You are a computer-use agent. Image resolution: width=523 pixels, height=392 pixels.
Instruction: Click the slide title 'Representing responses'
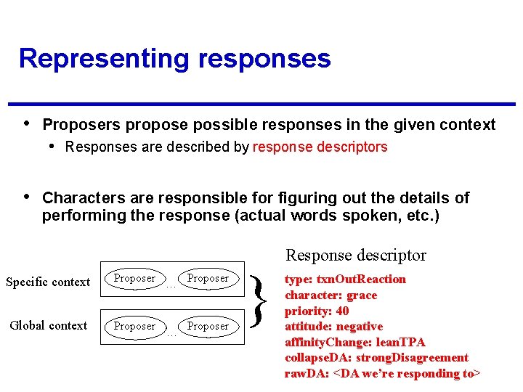click(174, 58)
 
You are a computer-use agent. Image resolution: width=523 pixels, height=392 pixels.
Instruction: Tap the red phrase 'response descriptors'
click(320, 147)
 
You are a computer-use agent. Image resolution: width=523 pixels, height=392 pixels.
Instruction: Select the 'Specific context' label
click(48, 282)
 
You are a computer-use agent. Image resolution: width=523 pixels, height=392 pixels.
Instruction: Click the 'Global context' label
click(48, 325)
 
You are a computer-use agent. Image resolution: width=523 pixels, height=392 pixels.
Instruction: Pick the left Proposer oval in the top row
click(134, 278)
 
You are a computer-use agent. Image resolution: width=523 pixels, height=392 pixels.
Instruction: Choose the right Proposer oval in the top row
click(208, 278)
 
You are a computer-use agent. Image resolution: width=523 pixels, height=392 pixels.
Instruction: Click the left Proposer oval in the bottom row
click(134, 326)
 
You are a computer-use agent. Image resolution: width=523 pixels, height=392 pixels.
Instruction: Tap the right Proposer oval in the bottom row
click(208, 326)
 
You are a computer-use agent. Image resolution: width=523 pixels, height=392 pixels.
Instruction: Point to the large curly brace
click(259, 301)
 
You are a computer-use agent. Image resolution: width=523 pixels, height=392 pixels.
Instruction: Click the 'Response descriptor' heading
click(356, 255)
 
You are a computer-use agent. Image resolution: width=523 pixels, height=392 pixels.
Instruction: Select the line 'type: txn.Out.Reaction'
click(345, 279)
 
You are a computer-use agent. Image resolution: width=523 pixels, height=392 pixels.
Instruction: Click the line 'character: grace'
click(331, 295)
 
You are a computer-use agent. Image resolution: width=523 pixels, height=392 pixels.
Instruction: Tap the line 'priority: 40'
click(317, 311)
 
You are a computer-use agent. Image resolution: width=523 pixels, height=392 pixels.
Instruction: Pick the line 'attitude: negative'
click(333, 327)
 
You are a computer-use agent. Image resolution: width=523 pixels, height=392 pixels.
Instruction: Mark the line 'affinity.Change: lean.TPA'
click(354, 342)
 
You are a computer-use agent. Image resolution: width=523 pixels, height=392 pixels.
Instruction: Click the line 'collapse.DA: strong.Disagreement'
click(376, 358)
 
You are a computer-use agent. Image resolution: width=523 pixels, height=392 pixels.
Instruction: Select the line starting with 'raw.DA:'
click(382, 373)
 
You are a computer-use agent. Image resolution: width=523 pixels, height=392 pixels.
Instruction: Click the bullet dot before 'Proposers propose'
click(27, 123)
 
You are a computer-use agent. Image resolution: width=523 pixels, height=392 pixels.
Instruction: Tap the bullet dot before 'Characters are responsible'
click(27, 197)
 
